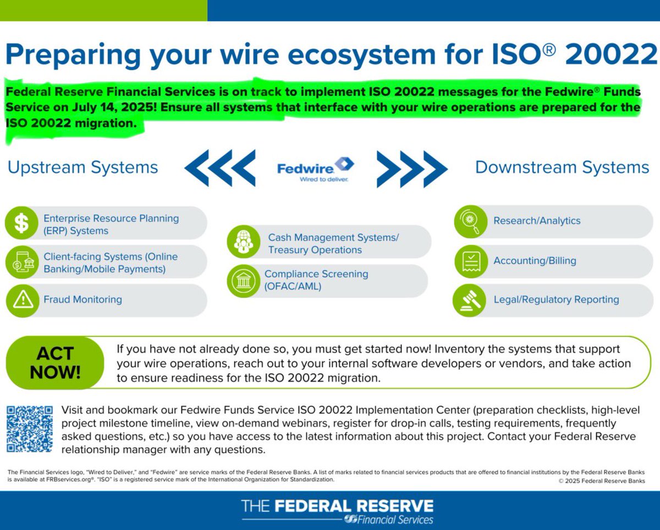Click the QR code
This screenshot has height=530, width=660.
click(30, 429)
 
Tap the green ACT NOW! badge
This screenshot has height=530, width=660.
click(55, 363)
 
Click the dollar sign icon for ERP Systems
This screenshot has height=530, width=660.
click(21, 223)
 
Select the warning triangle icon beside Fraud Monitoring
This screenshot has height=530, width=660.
click(23, 300)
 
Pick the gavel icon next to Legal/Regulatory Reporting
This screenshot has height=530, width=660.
click(469, 300)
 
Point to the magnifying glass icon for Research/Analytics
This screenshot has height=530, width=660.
click(471, 222)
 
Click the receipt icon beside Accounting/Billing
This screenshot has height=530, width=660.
click(471, 262)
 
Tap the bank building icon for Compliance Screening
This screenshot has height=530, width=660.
click(244, 281)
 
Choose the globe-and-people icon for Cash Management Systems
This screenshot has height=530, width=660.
click(244, 241)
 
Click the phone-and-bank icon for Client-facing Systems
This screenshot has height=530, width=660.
click(22, 262)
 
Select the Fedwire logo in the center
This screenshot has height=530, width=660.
click(315, 169)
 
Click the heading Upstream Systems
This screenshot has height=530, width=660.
click(83, 167)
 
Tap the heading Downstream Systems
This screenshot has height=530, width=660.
click(562, 167)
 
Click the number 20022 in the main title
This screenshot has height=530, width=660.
click(612, 54)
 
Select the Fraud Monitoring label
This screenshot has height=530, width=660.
click(83, 300)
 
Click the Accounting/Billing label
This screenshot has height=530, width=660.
click(535, 261)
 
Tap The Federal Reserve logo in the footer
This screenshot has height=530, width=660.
click(337, 511)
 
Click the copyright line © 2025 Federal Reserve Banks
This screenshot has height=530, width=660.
click(602, 481)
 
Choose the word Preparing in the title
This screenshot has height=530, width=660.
click(73, 55)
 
